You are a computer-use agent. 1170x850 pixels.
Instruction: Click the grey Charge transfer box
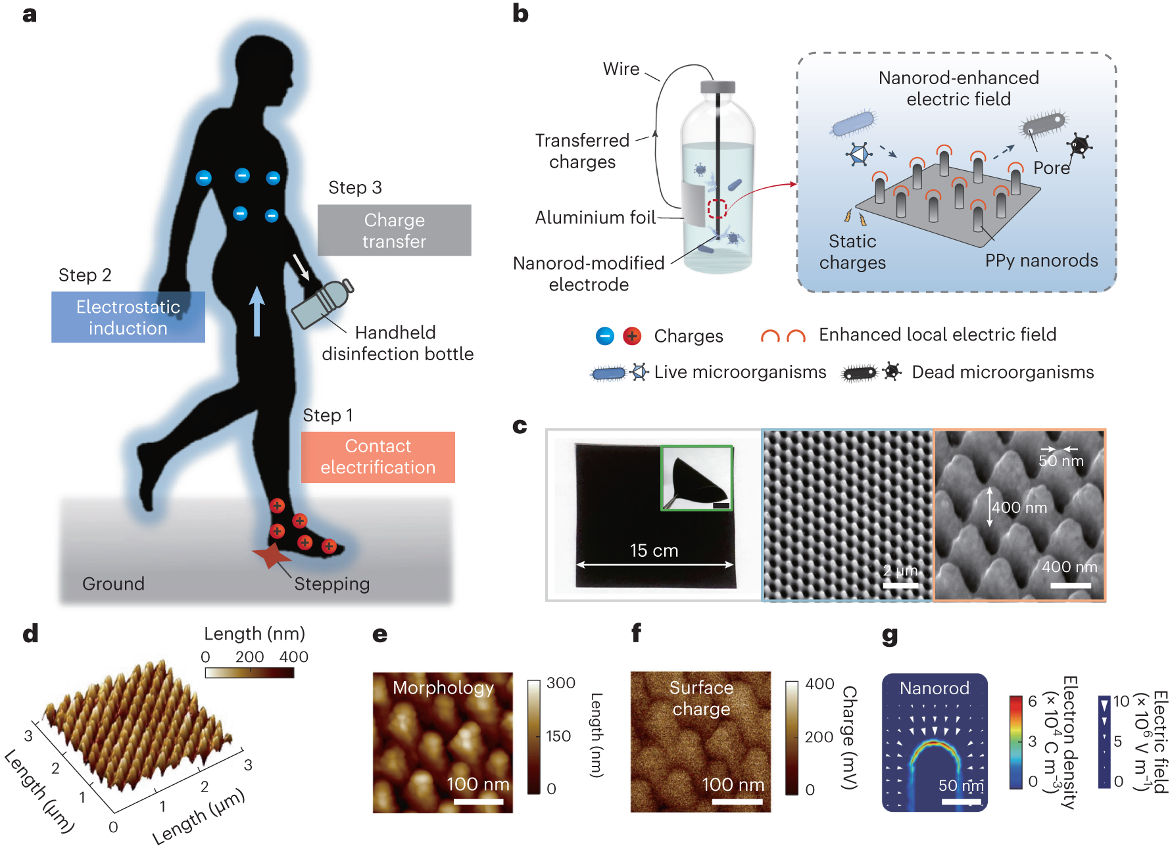click(394, 230)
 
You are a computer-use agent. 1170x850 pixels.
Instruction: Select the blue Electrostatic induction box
click(128, 317)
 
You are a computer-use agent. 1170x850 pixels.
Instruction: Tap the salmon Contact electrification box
click(378, 457)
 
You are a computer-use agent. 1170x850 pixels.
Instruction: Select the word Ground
click(113, 584)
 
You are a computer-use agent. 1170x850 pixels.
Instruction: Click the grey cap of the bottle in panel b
click(718, 87)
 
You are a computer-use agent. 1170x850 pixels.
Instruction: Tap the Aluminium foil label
click(595, 218)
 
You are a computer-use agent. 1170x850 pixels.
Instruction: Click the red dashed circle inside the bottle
click(716, 209)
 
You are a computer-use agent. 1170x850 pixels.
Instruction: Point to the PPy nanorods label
click(1041, 261)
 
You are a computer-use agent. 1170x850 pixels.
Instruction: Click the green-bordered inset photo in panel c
click(696, 478)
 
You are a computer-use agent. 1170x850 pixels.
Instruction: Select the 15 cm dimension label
click(654, 551)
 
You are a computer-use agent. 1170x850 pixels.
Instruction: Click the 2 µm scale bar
click(900, 585)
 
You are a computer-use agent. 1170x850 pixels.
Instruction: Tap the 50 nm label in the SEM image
click(1061, 461)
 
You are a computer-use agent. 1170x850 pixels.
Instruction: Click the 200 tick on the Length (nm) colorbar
click(249, 657)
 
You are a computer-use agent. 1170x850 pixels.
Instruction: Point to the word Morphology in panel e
click(443, 688)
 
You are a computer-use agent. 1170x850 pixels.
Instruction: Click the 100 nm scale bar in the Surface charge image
click(737, 802)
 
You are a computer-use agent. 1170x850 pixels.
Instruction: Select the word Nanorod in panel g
click(934, 688)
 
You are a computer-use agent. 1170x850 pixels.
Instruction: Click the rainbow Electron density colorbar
click(1016, 742)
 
